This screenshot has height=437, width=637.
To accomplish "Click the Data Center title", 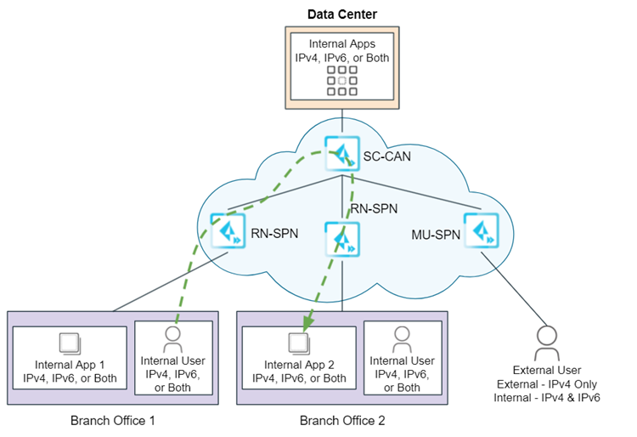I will pos(341,14).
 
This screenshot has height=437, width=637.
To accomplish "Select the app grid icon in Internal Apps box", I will pos(341,80).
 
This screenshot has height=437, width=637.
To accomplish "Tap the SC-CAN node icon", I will pos(341,153).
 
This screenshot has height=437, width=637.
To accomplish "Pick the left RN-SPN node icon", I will pos(228,230).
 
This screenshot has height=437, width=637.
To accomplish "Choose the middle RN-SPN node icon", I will pos(341,239).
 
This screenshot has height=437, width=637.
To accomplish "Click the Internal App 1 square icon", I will pos(70,343).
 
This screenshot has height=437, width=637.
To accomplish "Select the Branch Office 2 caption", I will pos(341,420).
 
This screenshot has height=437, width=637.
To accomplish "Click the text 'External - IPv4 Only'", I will pos(548,383).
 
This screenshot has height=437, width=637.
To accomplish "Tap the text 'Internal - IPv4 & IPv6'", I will pos(548,397).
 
